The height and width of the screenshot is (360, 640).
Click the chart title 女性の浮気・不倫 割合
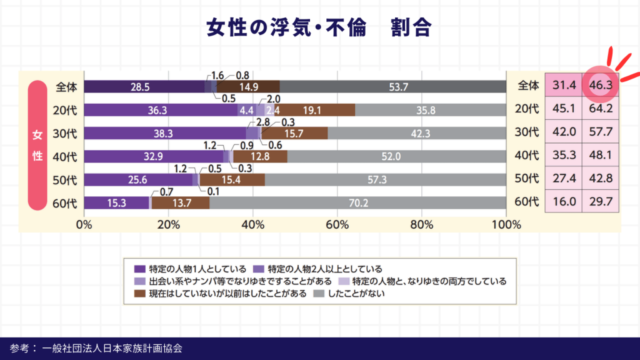(x=319, y=28)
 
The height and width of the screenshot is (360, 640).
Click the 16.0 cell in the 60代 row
(x=564, y=202)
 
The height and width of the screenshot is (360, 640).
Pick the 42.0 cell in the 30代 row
(x=564, y=132)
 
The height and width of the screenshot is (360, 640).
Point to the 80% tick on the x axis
(x=422, y=224)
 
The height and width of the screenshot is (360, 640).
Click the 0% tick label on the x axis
(x=84, y=224)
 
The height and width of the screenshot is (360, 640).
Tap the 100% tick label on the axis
(x=505, y=224)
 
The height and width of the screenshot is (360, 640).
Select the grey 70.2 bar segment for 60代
(x=357, y=202)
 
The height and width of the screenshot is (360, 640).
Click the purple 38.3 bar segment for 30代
(x=165, y=133)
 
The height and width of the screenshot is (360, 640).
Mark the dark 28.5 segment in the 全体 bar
(x=144, y=87)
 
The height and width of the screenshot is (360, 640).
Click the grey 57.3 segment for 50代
(x=385, y=179)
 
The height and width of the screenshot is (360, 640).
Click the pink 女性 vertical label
(x=37, y=144)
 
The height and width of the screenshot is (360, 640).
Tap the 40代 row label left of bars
(x=65, y=156)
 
